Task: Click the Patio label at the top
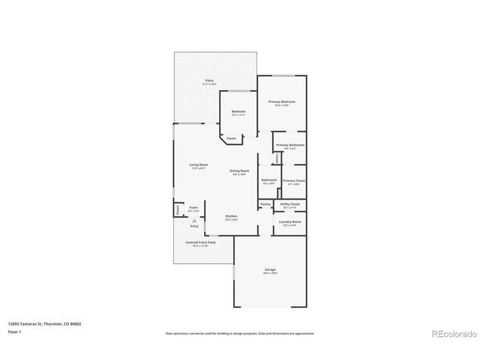tap(209, 80)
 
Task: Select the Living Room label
tap(198, 164)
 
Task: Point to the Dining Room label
tap(239, 170)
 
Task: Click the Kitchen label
tap(232, 216)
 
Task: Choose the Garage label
tap(270, 269)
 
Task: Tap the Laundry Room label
tap(290, 222)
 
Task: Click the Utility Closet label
tap(290, 203)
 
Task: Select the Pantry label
tap(265, 203)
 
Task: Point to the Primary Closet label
tap(295, 180)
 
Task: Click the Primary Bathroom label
tap(289, 145)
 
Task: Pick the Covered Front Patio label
tap(200, 242)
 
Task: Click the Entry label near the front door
tap(194, 226)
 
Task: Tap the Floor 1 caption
tap(16, 331)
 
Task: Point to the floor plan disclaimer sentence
tap(239, 333)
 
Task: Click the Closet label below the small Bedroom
tap(231, 138)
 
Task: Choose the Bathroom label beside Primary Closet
tap(268, 180)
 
